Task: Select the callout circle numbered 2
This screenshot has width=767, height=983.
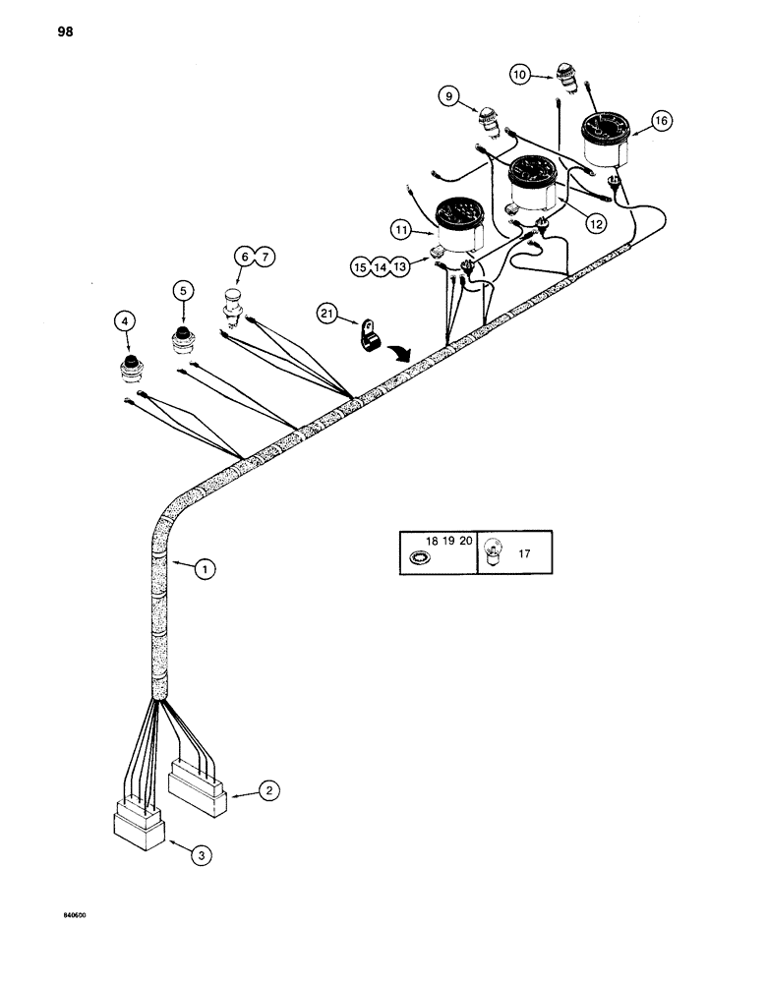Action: [267, 789]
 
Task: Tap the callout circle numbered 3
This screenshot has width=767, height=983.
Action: [201, 856]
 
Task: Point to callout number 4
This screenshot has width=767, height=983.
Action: [124, 319]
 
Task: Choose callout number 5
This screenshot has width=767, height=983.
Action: [182, 290]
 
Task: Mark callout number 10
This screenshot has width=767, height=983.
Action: [521, 74]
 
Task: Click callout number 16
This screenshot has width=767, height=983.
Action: [660, 121]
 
